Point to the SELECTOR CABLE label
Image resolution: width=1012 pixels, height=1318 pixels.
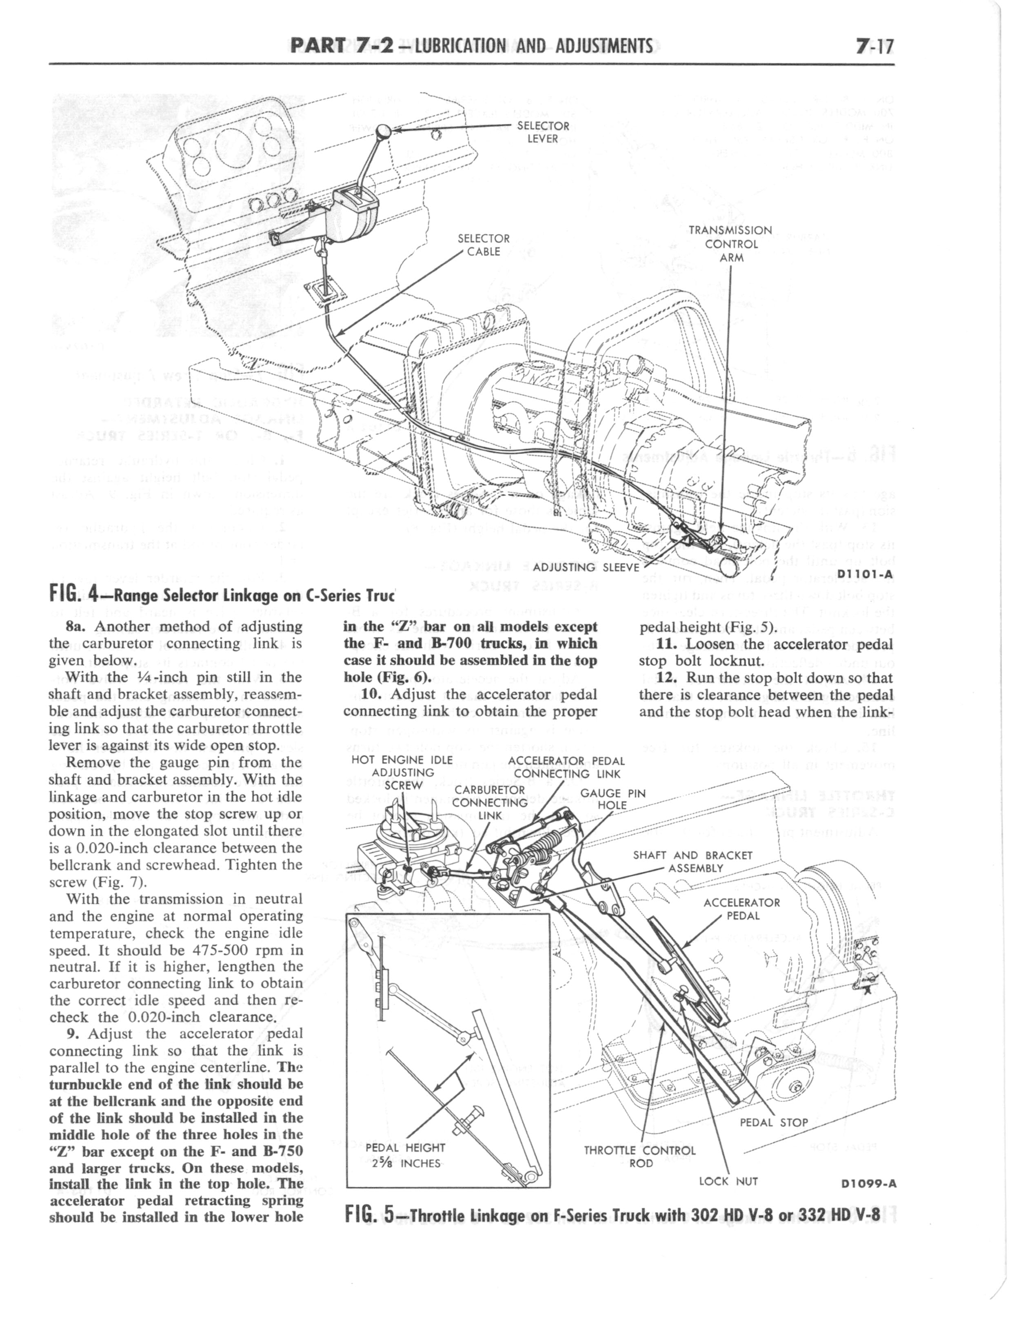[484, 244]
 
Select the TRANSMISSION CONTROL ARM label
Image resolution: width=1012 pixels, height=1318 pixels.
[730, 244]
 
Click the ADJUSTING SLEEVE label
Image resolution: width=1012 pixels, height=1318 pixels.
[586, 567]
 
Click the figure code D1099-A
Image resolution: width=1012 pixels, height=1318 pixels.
[868, 1184]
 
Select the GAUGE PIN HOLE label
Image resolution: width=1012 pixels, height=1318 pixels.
[613, 799]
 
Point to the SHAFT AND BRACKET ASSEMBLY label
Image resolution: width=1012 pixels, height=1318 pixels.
[692, 861]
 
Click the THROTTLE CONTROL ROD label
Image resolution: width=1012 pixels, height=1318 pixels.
[640, 1156]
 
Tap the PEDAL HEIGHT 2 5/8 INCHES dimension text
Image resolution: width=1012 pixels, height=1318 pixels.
[405, 1156]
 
